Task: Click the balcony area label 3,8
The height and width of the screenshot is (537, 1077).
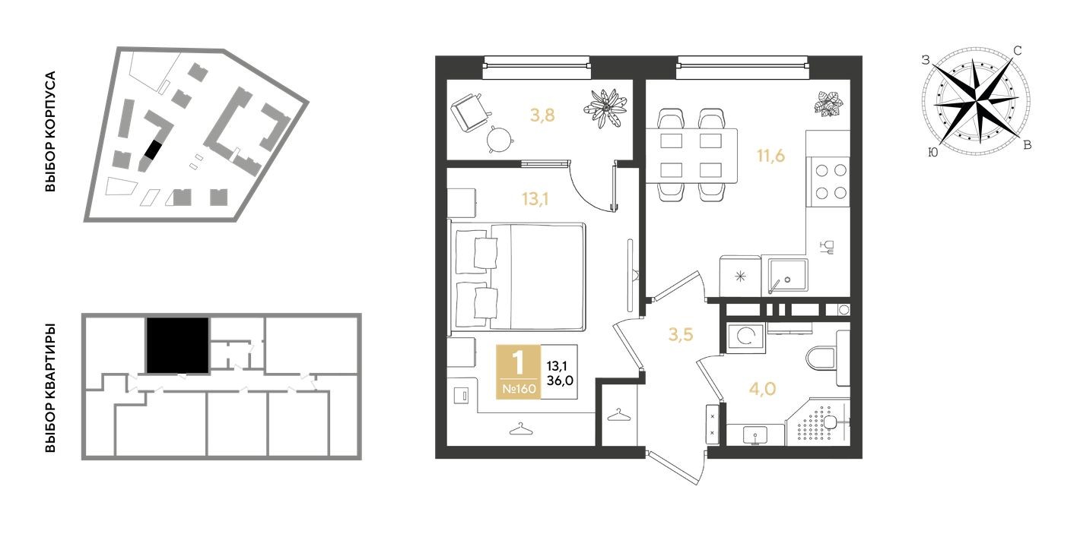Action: pos(542,115)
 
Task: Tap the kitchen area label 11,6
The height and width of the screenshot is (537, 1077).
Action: pos(770,157)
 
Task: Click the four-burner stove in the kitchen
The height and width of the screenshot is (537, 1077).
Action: pos(831,182)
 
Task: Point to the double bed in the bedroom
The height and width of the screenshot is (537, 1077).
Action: pos(522,276)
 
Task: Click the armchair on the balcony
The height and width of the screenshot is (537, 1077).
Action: pos(469,112)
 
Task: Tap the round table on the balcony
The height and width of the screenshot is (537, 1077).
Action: pos(500,139)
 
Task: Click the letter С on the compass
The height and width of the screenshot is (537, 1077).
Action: pos(1017,51)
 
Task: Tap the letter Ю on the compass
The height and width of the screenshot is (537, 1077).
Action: pos(932,153)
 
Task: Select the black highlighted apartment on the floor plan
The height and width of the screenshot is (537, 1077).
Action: pos(177,346)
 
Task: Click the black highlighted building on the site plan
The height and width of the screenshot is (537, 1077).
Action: pos(153,150)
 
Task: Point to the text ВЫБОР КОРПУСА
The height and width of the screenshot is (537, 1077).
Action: pos(51,132)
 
